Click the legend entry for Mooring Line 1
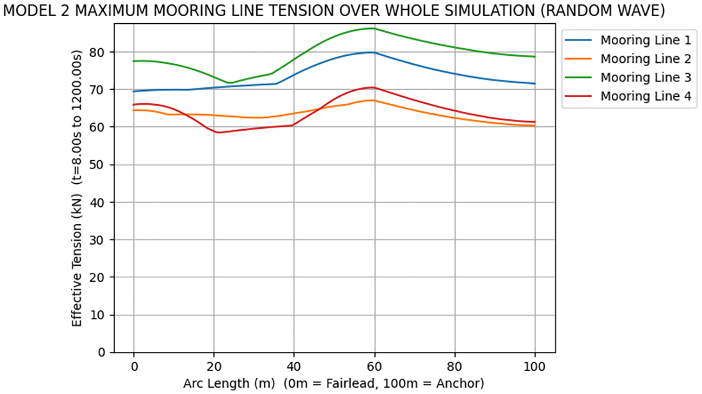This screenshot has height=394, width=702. (x=627, y=40)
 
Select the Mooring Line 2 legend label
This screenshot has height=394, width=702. (x=627, y=58)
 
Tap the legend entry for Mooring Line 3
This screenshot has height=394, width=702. (x=627, y=77)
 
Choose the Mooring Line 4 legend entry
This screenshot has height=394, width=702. (x=627, y=96)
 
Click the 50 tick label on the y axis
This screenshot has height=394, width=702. (x=102, y=165)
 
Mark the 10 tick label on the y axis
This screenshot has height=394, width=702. (x=102, y=315)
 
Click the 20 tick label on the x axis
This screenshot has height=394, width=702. (x=213, y=366)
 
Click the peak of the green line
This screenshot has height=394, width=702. (x=372, y=28)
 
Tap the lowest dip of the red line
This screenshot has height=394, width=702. (x=218, y=132)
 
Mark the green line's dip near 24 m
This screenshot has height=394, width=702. (x=230, y=83)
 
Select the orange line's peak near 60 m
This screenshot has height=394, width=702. (x=371, y=100)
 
